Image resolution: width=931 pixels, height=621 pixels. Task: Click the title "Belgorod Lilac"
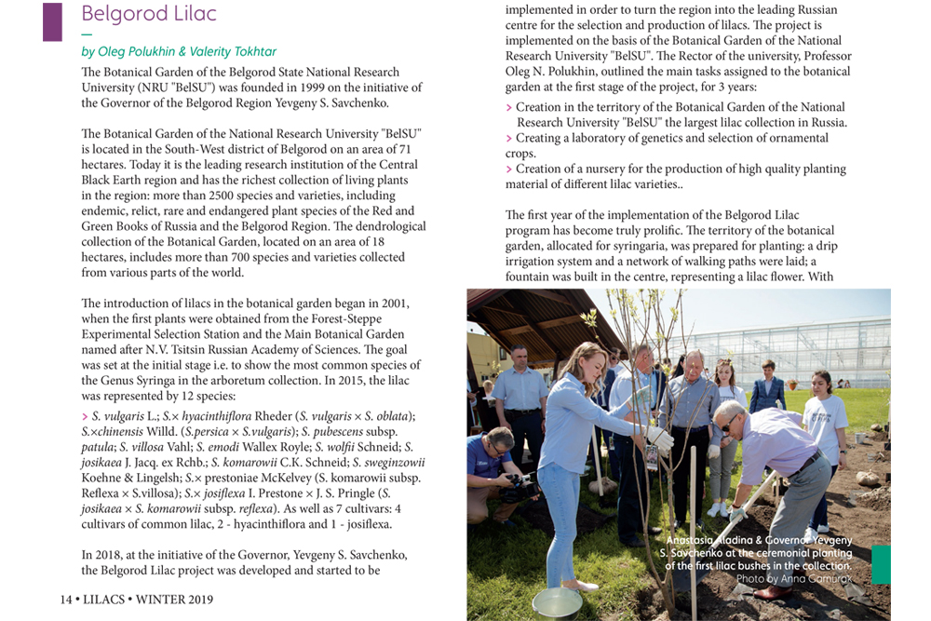pos(149,14)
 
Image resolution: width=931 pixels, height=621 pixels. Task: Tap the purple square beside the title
pos(52,21)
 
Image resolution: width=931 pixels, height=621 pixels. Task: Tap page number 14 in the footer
pos(66,600)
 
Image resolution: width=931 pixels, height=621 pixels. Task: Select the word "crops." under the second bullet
pos(520,154)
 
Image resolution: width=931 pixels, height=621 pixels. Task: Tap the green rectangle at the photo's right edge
pos(881,564)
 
